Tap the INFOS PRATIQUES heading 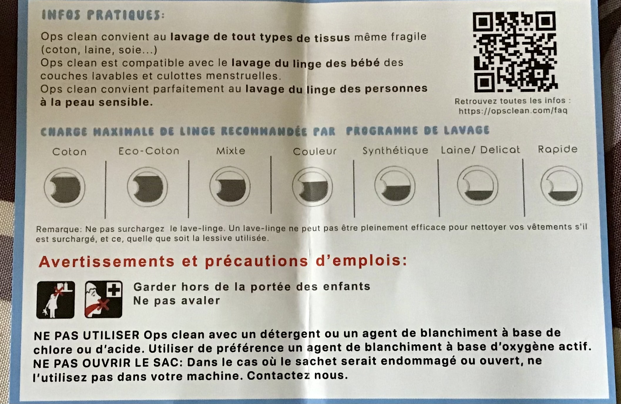click(103, 15)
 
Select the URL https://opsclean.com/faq click(513, 111)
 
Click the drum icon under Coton click(65, 187)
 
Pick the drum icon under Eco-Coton click(147, 187)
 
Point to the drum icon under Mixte click(230, 186)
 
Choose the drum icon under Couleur click(313, 187)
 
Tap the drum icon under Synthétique click(395, 186)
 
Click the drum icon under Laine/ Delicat click(478, 185)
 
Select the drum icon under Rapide click(561, 186)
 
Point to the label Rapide click(558, 149)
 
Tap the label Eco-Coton click(149, 151)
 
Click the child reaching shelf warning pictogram click(56, 300)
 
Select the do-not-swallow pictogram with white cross click(103, 299)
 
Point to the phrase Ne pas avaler click(177, 301)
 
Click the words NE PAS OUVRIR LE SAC click(108, 363)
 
